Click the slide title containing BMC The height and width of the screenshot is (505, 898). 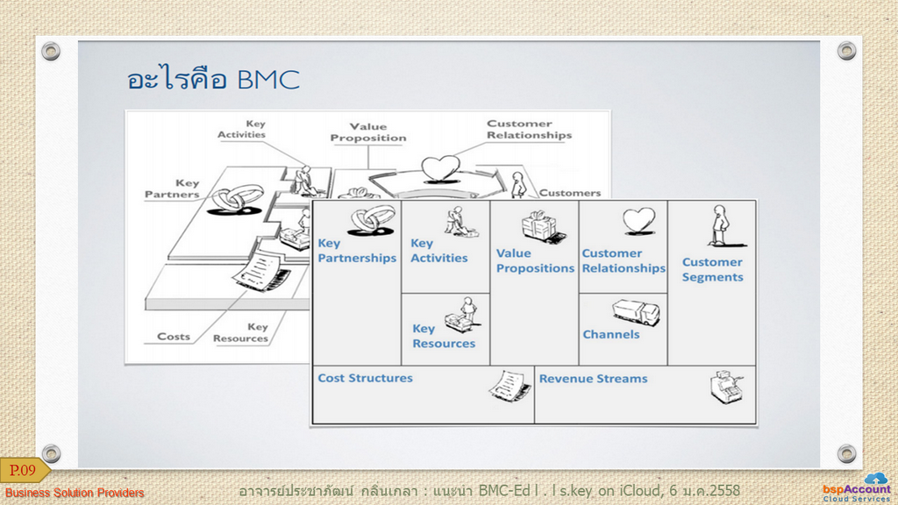[x=213, y=79]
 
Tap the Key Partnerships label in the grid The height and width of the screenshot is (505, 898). [x=357, y=251]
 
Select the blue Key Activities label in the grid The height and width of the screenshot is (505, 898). [x=438, y=251]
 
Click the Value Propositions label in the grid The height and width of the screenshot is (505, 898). [x=535, y=260]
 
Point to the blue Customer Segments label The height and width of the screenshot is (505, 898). [x=712, y=270]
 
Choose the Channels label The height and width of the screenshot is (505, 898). [x=611, y=334]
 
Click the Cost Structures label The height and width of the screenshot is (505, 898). [x=366, y=378]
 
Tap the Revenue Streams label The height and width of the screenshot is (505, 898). [x=594, y=379]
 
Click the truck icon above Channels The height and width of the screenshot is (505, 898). [x=637, y=312]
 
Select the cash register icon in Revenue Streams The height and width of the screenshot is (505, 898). [x=726, y=387]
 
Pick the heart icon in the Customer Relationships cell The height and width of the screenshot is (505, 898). [x=638, y=221]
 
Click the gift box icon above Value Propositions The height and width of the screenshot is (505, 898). [x=542, y=226]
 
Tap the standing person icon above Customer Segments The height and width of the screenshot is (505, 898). [x=722, y=225]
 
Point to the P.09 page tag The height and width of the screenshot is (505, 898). [x=24, y=471]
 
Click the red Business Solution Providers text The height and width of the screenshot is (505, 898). [x=75, y=493]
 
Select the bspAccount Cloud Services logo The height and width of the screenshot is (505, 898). [x=858, y=488]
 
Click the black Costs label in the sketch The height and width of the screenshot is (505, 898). [x=174, y=337]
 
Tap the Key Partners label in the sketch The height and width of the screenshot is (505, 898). [x=172, y=188]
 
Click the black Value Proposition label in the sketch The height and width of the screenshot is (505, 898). [x=368, y=132]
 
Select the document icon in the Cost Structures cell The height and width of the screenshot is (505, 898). [x=510, y=386]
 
